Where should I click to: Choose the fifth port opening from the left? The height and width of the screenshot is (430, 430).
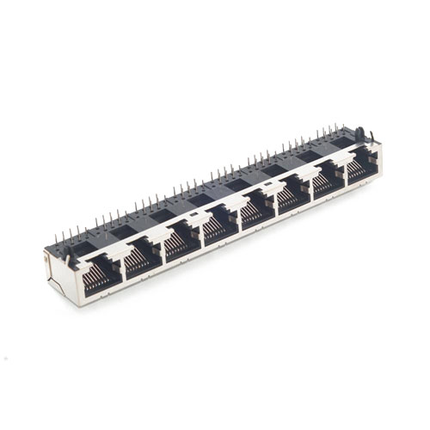pos(255,212)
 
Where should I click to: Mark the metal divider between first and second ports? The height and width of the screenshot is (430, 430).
pos(120,262)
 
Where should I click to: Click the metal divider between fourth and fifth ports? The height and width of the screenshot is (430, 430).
pos(236,219)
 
